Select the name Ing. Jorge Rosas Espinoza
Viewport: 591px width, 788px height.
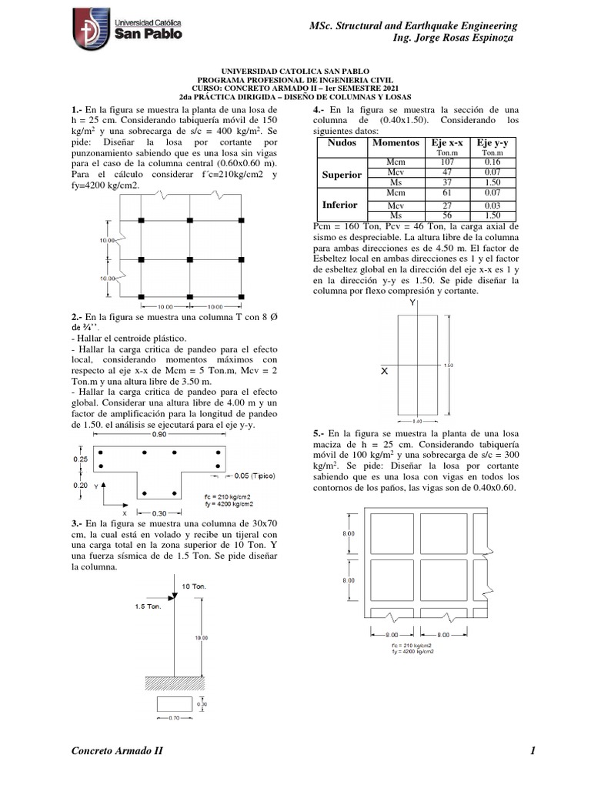coord(452,38)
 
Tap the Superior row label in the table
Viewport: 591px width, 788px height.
coord(342,175)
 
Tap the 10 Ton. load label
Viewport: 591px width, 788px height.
coord(194,586)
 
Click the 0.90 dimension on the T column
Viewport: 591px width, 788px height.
coord(160,435)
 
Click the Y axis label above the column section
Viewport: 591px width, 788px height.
coord(412,304)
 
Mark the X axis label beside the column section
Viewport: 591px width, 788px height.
coord(384,371)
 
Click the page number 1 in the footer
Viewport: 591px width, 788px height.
coord(531,751)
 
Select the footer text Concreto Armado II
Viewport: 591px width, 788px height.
coord(116,751)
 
